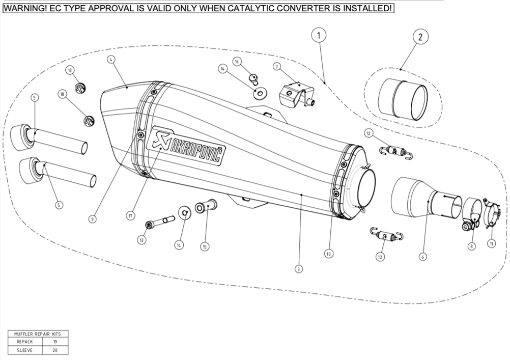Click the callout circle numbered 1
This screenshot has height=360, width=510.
click(319, 36)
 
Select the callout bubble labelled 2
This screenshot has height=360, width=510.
click(420, 37)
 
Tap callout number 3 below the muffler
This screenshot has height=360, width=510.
click(299, 268)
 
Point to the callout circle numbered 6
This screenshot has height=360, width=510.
click(422, 257)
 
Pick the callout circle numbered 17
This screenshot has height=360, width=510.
click(131, 216)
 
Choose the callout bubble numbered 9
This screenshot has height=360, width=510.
click(92, 219)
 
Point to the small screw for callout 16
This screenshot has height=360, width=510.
click(253, 77)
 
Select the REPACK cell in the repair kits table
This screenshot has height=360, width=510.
click(25, 342)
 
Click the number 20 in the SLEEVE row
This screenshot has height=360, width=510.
click(54, 350)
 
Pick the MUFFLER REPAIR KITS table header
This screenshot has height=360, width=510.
click(38, 334)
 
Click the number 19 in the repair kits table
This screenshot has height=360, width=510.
click(54, 342)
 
